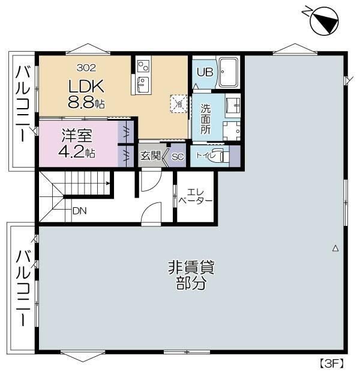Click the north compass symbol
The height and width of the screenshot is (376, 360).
pos(324,22)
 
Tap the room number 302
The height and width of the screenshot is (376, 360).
pos(85,68)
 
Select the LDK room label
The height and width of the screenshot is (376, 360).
pos(85,85)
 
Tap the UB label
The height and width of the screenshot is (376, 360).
pos(205,71)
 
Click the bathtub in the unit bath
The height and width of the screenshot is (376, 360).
pos(229,73)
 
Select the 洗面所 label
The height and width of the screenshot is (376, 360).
pos(206,118)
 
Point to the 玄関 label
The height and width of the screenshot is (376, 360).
pos(150,156)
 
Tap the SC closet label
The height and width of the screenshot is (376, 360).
pos(177,157)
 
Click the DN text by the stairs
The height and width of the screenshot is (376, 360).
pos(79,211)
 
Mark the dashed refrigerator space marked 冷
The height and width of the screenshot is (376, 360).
pos(178,103)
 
